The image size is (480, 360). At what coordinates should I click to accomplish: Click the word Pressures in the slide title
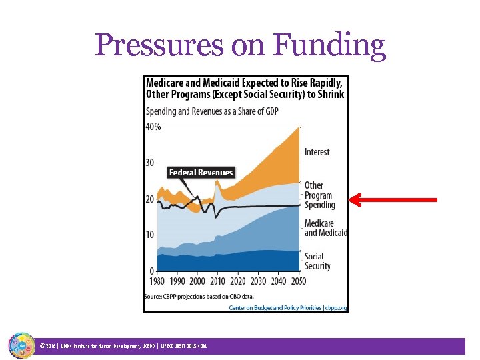160,46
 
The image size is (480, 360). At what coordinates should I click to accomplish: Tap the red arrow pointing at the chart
393,199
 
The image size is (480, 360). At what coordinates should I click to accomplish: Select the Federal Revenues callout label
201,172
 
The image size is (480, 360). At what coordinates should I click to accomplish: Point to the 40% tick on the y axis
153,127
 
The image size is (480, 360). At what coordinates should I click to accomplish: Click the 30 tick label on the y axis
150,163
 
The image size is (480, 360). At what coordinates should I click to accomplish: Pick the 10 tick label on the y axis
150,235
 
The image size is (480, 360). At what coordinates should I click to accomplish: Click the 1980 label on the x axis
157,281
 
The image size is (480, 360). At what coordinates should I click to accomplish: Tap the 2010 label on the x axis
218,281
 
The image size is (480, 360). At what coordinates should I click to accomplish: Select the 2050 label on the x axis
298,281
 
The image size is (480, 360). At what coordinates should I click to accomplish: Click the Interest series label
317,152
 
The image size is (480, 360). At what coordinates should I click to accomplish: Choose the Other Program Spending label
319,195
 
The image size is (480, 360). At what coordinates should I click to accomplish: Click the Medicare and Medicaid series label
325,228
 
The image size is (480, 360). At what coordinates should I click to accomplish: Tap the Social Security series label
317,261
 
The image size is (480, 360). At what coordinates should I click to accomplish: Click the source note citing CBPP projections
199,296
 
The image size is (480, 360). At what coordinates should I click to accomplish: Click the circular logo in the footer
21,345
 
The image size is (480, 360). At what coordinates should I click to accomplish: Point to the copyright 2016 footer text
123,346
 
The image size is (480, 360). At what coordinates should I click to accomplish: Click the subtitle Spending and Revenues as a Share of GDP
212,111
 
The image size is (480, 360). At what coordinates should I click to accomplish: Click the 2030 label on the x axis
258,281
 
